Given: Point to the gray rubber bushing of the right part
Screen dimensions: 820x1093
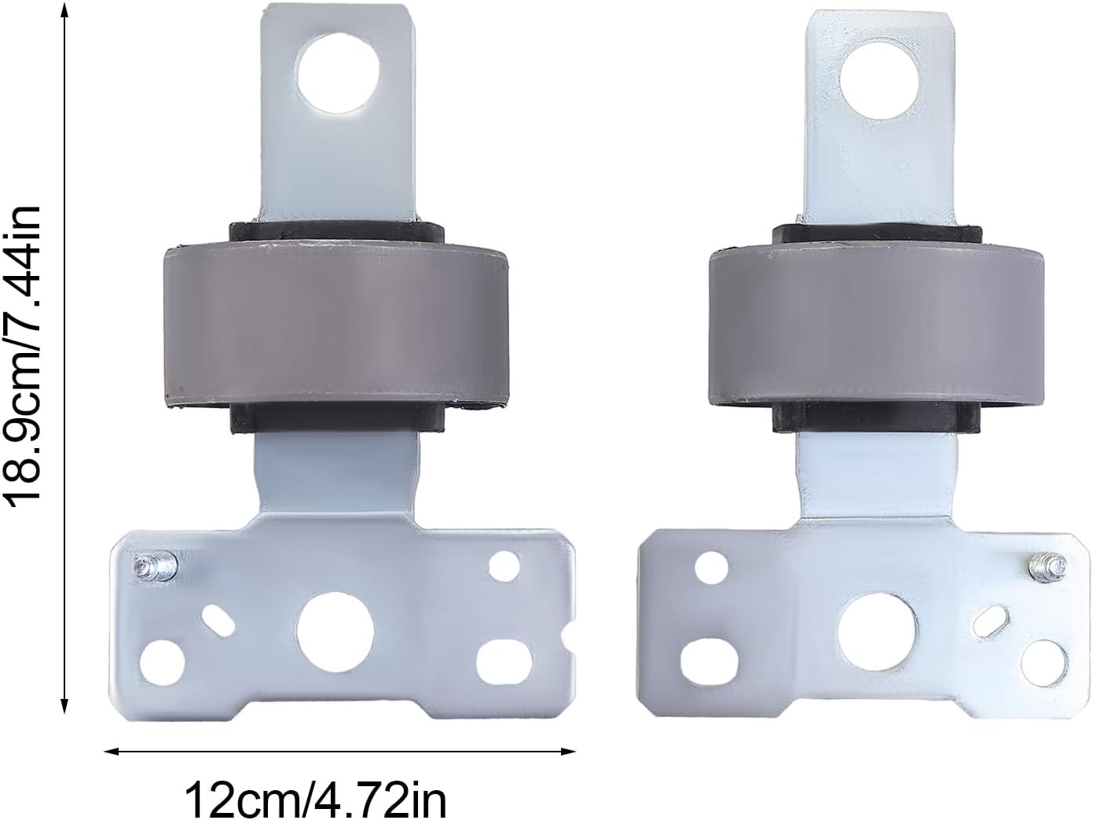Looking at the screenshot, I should pyautogui.click(x=877, y=326).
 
